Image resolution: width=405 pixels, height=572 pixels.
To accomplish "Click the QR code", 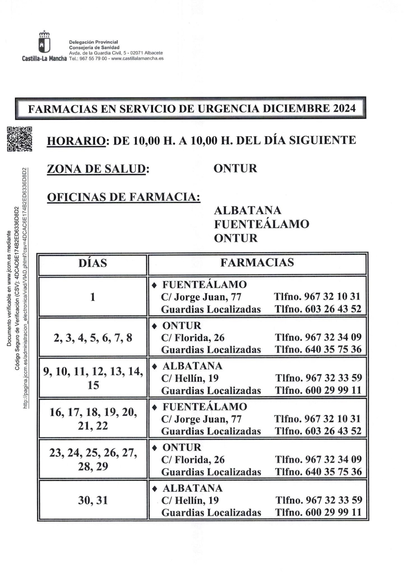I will (20, 139).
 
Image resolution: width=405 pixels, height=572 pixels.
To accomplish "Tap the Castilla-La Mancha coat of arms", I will (44, 42).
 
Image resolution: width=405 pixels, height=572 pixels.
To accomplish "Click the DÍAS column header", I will (93, 263).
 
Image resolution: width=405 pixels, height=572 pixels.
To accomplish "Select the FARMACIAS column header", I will (257, 262).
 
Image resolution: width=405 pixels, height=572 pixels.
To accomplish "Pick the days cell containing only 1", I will (93, 297).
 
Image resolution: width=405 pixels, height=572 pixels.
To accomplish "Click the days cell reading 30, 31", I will (93, 500).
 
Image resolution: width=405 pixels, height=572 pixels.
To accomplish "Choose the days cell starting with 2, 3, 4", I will (93, 338).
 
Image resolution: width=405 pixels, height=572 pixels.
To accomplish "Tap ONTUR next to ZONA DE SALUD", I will (235, 168).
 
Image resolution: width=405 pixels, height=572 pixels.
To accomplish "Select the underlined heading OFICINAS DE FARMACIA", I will (124, 197).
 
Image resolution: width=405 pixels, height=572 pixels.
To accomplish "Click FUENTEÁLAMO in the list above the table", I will (261, 224).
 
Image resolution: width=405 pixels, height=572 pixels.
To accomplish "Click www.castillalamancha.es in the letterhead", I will (138, 58).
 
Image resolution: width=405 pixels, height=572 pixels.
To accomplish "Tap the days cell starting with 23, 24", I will (93, 459).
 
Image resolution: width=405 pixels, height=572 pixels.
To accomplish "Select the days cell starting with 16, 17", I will (93, 419).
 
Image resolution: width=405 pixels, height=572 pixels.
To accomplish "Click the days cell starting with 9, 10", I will (93, 378).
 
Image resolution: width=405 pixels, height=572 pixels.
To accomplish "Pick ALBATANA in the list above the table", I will (247, 210).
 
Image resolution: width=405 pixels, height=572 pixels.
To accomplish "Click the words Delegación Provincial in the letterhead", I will (93, 42).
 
